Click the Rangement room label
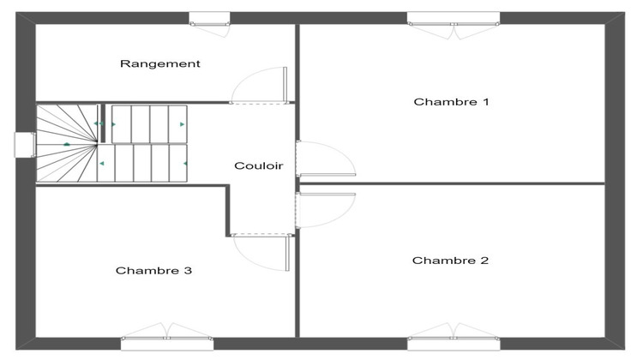point(160,63)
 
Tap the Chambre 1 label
point(451,102)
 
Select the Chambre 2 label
point(450,261)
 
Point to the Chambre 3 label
point(153,271)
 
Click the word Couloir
point(259,166)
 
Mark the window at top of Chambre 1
point(453,18)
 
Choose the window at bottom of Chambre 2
point(453,343)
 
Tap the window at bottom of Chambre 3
point(166,343)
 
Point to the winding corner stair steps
point(66,143)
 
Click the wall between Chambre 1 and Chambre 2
point(452,183)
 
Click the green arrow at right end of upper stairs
point(182,124)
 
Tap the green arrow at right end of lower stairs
point(184,163)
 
